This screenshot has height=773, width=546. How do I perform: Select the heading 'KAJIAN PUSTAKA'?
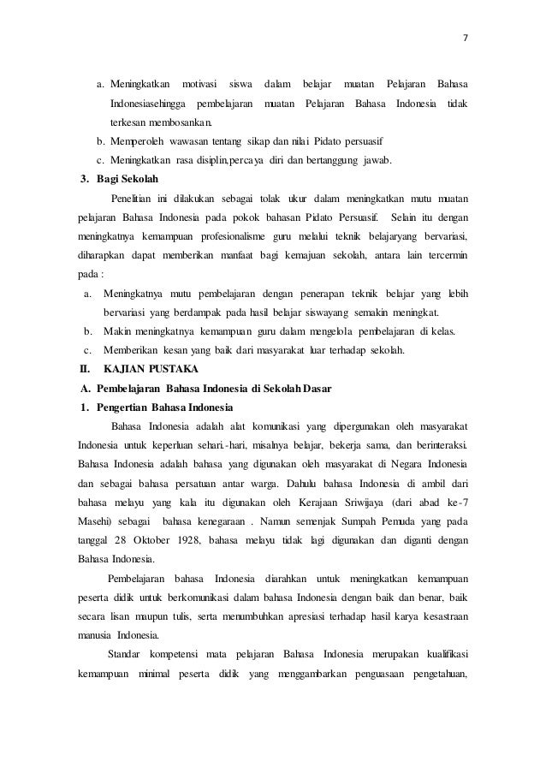150,369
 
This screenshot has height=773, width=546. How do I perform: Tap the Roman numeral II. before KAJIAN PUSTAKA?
84,369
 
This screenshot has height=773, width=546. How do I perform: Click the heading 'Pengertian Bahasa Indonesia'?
163,407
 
